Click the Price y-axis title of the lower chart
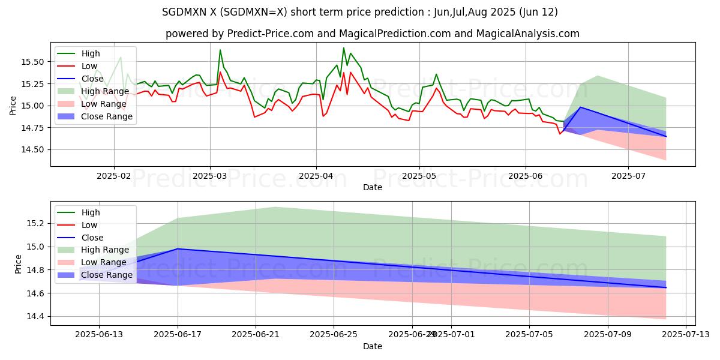18,264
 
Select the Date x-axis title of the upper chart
373,188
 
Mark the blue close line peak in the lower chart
178,248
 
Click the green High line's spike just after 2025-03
220,50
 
